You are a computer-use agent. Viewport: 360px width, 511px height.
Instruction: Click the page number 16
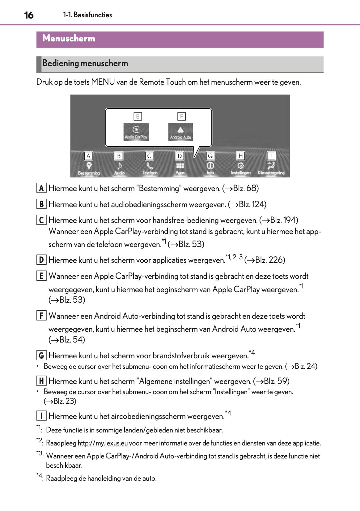(x=29, y=15)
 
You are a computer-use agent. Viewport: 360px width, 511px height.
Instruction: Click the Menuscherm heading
(x=69, y=38)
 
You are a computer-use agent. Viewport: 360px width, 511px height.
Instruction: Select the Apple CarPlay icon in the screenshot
(x=136, y=132)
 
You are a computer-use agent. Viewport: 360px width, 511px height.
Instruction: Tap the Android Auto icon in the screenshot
(x=180, y=132)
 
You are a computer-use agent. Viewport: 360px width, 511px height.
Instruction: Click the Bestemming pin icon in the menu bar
(x=89, y=166)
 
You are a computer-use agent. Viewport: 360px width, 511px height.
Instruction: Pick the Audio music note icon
(x=119, y=166)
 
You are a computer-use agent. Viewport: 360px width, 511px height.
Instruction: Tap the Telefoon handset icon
(x=150, y=166)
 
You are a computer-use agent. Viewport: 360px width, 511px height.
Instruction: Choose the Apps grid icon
(x=180, y=166)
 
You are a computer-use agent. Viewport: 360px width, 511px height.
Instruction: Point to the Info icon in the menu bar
(x=210, y=166)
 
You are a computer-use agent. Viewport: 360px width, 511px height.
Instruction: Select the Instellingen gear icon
(x=241, y=166)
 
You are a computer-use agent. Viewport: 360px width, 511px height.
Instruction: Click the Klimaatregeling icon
(x=271, y=166)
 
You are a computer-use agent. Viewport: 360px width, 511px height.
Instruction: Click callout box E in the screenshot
(x=138, y=116)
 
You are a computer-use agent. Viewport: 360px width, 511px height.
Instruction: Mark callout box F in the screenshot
(x=181, y=116)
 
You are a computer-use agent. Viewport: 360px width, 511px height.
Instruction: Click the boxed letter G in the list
(x=41, y=356)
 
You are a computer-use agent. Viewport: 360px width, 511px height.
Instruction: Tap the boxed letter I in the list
(x=41, y=416)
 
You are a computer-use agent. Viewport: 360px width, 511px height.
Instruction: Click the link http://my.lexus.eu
(x=103, y=443)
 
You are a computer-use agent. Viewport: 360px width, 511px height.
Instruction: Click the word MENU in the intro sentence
(x=103, y=82)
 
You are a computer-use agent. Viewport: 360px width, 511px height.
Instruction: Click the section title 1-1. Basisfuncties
(x=87, y=15)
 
